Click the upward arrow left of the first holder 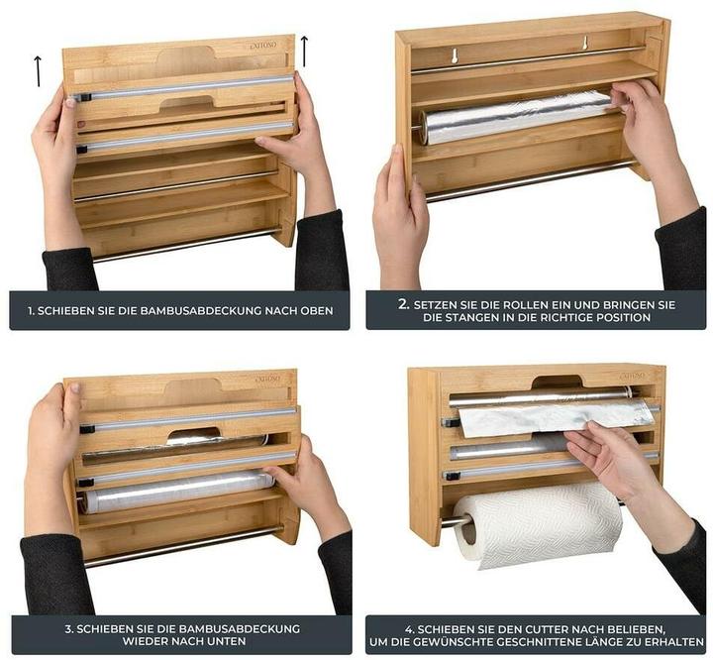pyautogui.click(x=38, y=69)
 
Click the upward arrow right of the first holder pyautogui.click(x=304, y=51)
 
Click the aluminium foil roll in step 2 pyautogui.click(x=515, y=117)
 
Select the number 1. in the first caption pyautogui.click(x=32, y=310)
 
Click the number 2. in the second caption pyautogui.click(x=403, y=303)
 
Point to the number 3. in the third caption pyautogui.click(x=68, y=628)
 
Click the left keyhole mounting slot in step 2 pyautogui.click(x=454, y=55)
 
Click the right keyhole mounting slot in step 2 pyautogui.click(x=584, y=45)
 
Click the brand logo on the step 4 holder pyautogui.click(x=632, y=376)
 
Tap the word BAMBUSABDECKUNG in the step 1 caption pyautogui.click(x=199, y=310)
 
